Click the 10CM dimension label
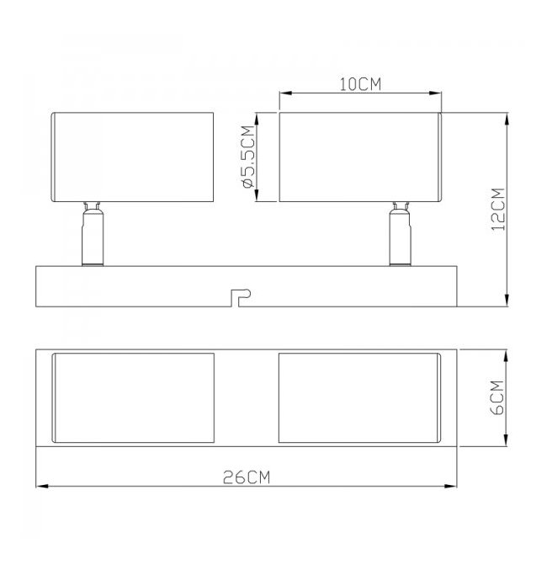click(x=360, y=84)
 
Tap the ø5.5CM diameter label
click(x=248, y=157)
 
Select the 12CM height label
click(x=498, y=209)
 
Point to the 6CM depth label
click(x=497, y=397)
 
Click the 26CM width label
click(x=247, y=477)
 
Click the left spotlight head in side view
click(x=132, y=157)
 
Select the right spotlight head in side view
click(x=360, y=157)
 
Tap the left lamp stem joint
click(x=93, y=234)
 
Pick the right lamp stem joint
click(x=401, y=234)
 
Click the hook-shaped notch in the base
click(x=240, y=297)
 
